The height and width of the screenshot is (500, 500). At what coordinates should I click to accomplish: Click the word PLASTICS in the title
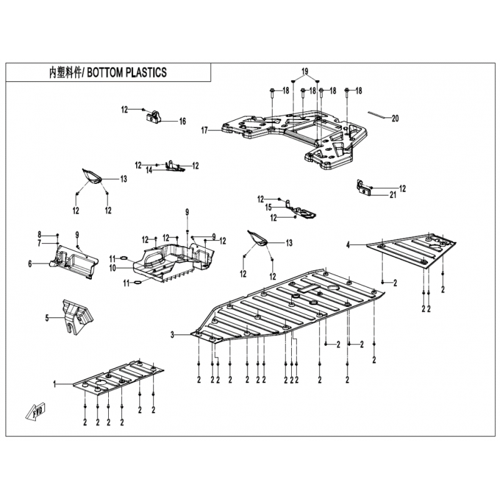pyautogui.click(x=146, y=72)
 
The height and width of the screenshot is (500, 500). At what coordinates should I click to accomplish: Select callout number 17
pyautogui.click(x=204, y=131)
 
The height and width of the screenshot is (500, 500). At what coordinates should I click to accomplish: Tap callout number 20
pyautogui.click(x=395, y=119)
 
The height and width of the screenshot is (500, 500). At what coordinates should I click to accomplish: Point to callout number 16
pyautogui.click(x=182, y=121)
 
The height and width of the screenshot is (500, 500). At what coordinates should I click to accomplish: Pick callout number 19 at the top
pyautogui.click(x=305, y=71)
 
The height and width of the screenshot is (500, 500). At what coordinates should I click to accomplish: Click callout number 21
pyautogui.click(x=393, y=195)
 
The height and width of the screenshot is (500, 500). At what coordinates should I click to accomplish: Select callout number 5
pyautogui.click(x=47, y=318)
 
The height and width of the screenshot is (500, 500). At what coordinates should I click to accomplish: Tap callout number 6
pyautogui.click(x=30, y=264)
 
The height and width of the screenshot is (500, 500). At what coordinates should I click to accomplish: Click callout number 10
pyautogui.click(x=112, y=269)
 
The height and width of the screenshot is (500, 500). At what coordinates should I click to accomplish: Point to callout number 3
pyautogui.click(x=172, y=335)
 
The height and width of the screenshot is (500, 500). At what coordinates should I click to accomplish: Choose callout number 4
pyautogui.click(x=348, y=245)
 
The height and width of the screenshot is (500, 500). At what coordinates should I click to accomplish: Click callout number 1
pyautogui.click(x=54, y=384)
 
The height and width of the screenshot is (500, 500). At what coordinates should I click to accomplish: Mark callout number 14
pyautogui.click(x=149, y=170)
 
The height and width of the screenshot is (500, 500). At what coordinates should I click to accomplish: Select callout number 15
pyautogui.click(x=269, y=207)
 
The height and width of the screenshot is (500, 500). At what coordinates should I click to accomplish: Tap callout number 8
pyautogui.click(x=39, y=236)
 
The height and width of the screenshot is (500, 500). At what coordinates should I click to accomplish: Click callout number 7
pyautogui.click(x=39, y=243)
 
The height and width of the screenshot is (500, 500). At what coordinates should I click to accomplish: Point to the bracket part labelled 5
pyautogui.click(x=77, y=316)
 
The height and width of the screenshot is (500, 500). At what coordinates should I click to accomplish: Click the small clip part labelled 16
pyautogui.click(x=154, y=117)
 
